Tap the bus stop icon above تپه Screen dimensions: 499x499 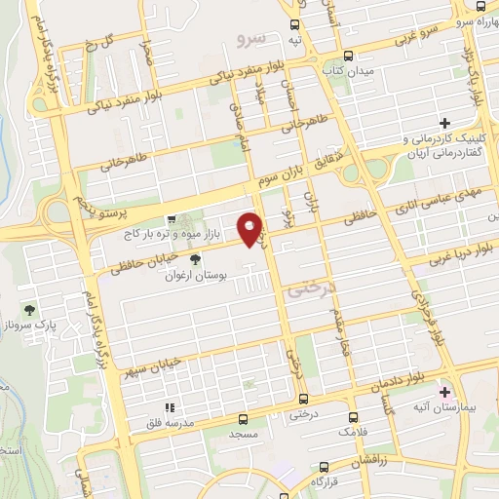coord(294,23)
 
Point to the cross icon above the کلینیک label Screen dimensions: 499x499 coord(445,123)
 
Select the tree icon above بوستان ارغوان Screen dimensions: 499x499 coord(195,259)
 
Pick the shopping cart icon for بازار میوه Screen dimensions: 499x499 coord(172,219)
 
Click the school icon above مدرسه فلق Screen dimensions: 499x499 coord(170,407)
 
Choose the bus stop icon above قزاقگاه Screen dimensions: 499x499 coord(323,467)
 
